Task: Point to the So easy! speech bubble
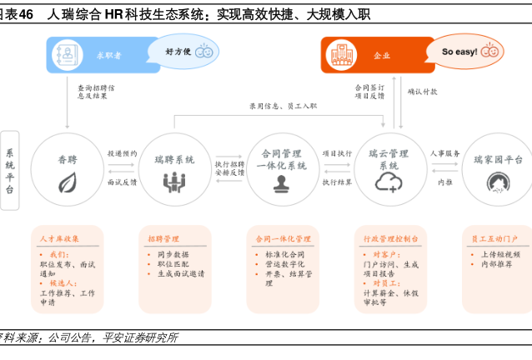click(468, 51)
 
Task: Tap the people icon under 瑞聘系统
click(174, 181)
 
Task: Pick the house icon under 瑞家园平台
click(499, 182)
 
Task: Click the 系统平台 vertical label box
click(10, 170)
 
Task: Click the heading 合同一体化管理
click(283, 238)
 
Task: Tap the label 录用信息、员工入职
click(283, 106)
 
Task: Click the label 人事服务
click(445, 153)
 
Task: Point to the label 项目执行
click(337, 153)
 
